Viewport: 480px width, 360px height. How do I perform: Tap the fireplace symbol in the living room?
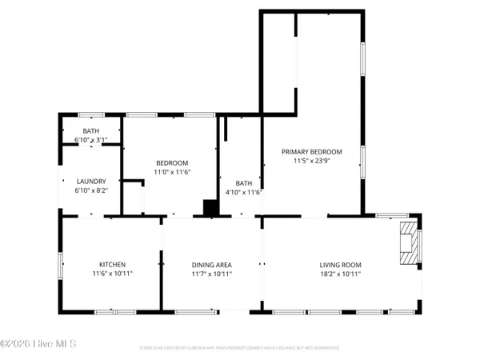409,244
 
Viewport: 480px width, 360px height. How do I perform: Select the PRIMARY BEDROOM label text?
311,152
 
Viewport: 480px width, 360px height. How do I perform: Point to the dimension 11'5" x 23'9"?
311,161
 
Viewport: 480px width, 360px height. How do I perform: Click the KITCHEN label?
112,265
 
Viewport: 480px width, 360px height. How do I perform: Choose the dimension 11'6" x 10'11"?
112,274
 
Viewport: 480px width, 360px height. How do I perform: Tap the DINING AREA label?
211,265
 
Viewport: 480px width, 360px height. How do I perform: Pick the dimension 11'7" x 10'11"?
211,274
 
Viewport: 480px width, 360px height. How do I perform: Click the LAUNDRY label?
90,182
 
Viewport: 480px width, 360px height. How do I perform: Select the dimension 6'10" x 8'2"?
90,190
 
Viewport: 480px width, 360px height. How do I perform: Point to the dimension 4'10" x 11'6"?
243,192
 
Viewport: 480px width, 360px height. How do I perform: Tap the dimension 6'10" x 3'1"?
90,140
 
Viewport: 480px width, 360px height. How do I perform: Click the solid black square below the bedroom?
210,208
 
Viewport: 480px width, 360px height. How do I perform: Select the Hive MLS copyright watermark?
38,344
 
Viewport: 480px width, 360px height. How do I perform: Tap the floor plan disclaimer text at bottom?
239,348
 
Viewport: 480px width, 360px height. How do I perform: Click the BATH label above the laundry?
90,131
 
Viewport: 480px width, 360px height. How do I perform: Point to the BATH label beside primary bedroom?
243,183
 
